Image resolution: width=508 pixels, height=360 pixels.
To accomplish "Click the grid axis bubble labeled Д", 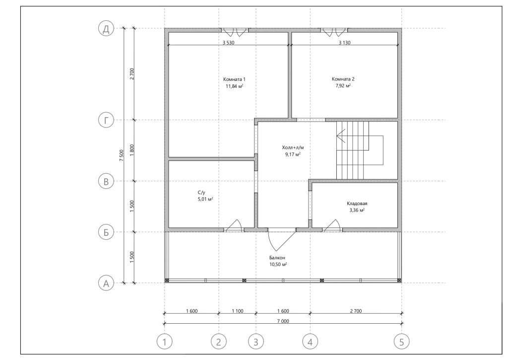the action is [106, 29].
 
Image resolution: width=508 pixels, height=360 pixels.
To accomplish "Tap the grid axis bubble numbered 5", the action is [402, 342].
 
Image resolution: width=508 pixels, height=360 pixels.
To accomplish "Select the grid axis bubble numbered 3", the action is [256, 342].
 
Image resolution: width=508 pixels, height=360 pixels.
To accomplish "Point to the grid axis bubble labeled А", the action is [106, 283].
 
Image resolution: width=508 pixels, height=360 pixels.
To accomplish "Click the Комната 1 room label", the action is [234, 79].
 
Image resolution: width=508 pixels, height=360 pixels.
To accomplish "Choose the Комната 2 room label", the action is [343, 79].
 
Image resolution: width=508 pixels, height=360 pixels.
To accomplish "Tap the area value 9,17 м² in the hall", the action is [293, 154].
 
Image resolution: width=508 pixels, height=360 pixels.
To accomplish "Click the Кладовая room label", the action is [357, 204].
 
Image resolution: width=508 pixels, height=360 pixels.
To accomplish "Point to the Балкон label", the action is [277, 258].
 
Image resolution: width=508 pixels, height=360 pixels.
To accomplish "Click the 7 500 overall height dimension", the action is [121, 155].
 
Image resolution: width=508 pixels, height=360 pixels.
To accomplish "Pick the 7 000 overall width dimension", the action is [283, 321].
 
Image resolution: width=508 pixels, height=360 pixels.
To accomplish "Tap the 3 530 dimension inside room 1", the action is [228, 43].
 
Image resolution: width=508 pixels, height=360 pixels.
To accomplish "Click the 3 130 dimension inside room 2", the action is [344, 43].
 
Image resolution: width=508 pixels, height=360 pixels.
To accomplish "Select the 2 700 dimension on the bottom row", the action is [356, 311].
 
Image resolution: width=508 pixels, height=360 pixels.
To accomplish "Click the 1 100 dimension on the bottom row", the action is [238, 311].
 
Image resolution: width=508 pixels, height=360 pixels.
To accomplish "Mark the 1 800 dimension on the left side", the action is [131, 150].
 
